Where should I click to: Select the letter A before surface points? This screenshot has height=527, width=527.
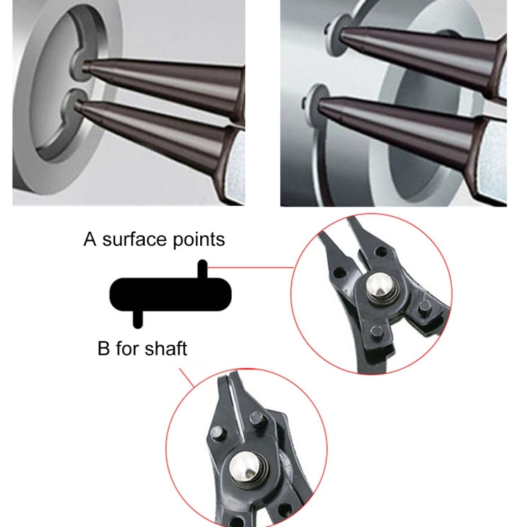click(x=90, y=240)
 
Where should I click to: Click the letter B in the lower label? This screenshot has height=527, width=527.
click(x=104, y=348)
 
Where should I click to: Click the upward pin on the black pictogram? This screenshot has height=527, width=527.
click(x=202, y=269)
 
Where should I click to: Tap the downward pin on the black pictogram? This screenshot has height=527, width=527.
click(x=138, y=318)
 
